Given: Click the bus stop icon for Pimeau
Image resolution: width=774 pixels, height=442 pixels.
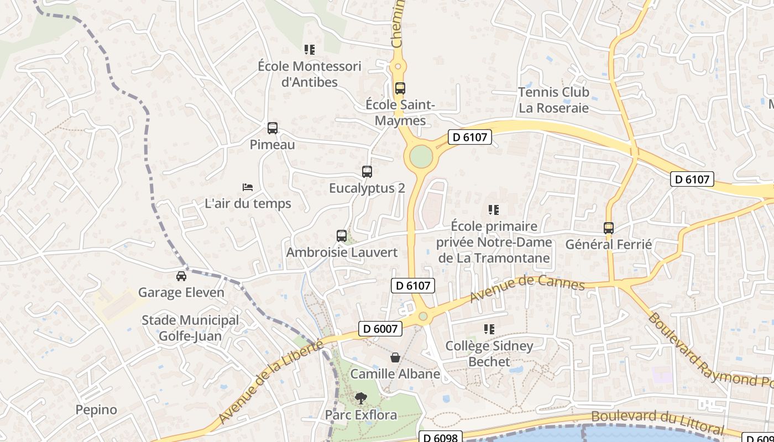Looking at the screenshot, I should point(273,128).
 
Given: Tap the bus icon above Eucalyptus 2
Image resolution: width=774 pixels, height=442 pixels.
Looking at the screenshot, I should point(367,172).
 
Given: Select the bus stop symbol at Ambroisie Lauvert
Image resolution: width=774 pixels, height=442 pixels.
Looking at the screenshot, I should point(342,236).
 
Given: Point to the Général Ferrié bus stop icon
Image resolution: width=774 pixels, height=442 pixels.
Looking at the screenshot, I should point(609,228).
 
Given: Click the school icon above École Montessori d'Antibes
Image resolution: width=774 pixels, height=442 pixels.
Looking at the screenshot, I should point(310,50).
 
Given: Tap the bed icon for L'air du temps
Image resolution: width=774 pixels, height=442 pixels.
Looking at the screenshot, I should point(248,187).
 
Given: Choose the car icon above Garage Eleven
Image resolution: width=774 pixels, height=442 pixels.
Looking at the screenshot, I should point(181,276).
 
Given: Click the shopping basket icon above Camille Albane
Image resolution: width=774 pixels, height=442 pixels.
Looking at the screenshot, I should point(395,357).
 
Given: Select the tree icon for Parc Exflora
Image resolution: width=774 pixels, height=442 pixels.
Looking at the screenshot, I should point(361,398).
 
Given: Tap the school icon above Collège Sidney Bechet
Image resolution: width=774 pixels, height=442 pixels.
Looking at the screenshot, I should point(489,330).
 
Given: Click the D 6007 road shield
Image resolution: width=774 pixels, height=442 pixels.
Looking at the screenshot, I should point(380,329).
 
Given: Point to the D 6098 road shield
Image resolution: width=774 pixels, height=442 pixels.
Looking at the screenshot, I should point(440,438).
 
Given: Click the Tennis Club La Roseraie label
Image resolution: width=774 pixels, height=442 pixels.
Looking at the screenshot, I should point(554,100).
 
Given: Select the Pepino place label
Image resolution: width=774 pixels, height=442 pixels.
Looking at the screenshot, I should point(96,410).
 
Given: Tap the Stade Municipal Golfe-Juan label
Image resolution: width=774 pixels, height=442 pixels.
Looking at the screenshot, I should point(190,328).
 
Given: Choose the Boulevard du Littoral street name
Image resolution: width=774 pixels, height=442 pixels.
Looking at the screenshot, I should point(657,422).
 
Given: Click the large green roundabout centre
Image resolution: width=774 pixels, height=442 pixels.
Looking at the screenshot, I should point(421,156).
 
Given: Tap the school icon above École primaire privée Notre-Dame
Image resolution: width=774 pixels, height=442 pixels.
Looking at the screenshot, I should point(494,210).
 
